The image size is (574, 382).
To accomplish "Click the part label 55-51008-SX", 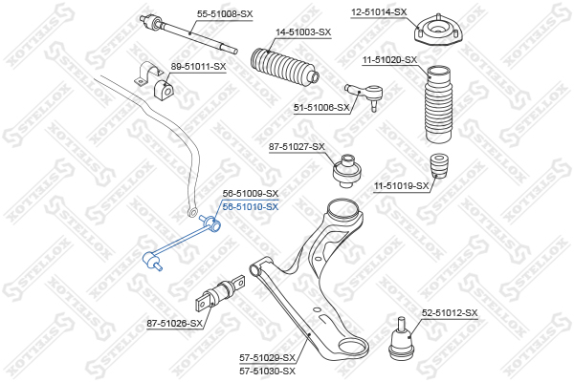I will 225,13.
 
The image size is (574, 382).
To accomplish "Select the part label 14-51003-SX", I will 303,32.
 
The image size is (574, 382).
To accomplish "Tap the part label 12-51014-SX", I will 379,12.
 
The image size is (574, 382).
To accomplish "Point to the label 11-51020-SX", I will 389,59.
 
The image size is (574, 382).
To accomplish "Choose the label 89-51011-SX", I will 198,66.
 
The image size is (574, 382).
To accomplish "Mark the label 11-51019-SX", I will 401,185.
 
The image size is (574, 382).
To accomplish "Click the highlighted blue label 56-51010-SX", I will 250,206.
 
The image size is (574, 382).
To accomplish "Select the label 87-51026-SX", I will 175,323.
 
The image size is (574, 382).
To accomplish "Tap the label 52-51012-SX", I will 450,312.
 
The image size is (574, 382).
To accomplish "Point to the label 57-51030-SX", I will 267,370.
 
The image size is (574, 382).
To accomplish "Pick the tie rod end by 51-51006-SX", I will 369,94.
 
